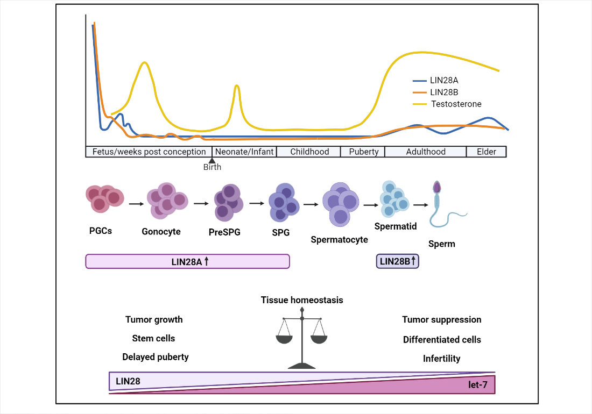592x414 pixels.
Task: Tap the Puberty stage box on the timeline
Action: point(363,152)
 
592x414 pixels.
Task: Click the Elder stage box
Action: point(486,152)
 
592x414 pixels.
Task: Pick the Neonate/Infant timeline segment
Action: point(244,152)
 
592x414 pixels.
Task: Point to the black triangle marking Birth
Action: point(212,160)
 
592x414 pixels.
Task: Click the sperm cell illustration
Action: point(441,207)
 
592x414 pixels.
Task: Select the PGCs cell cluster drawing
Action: point(104,199)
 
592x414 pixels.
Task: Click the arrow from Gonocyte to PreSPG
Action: point(200,204)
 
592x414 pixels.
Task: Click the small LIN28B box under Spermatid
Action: point(398,261)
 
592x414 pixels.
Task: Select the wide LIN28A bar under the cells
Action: point(187,261)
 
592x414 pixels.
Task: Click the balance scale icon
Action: point(302,339)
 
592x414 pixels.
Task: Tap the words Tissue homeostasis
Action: point(302,300)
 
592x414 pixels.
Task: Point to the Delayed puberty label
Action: point(156,357)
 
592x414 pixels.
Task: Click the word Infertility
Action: point(441,359)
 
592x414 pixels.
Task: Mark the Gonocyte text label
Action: point(161,232)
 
